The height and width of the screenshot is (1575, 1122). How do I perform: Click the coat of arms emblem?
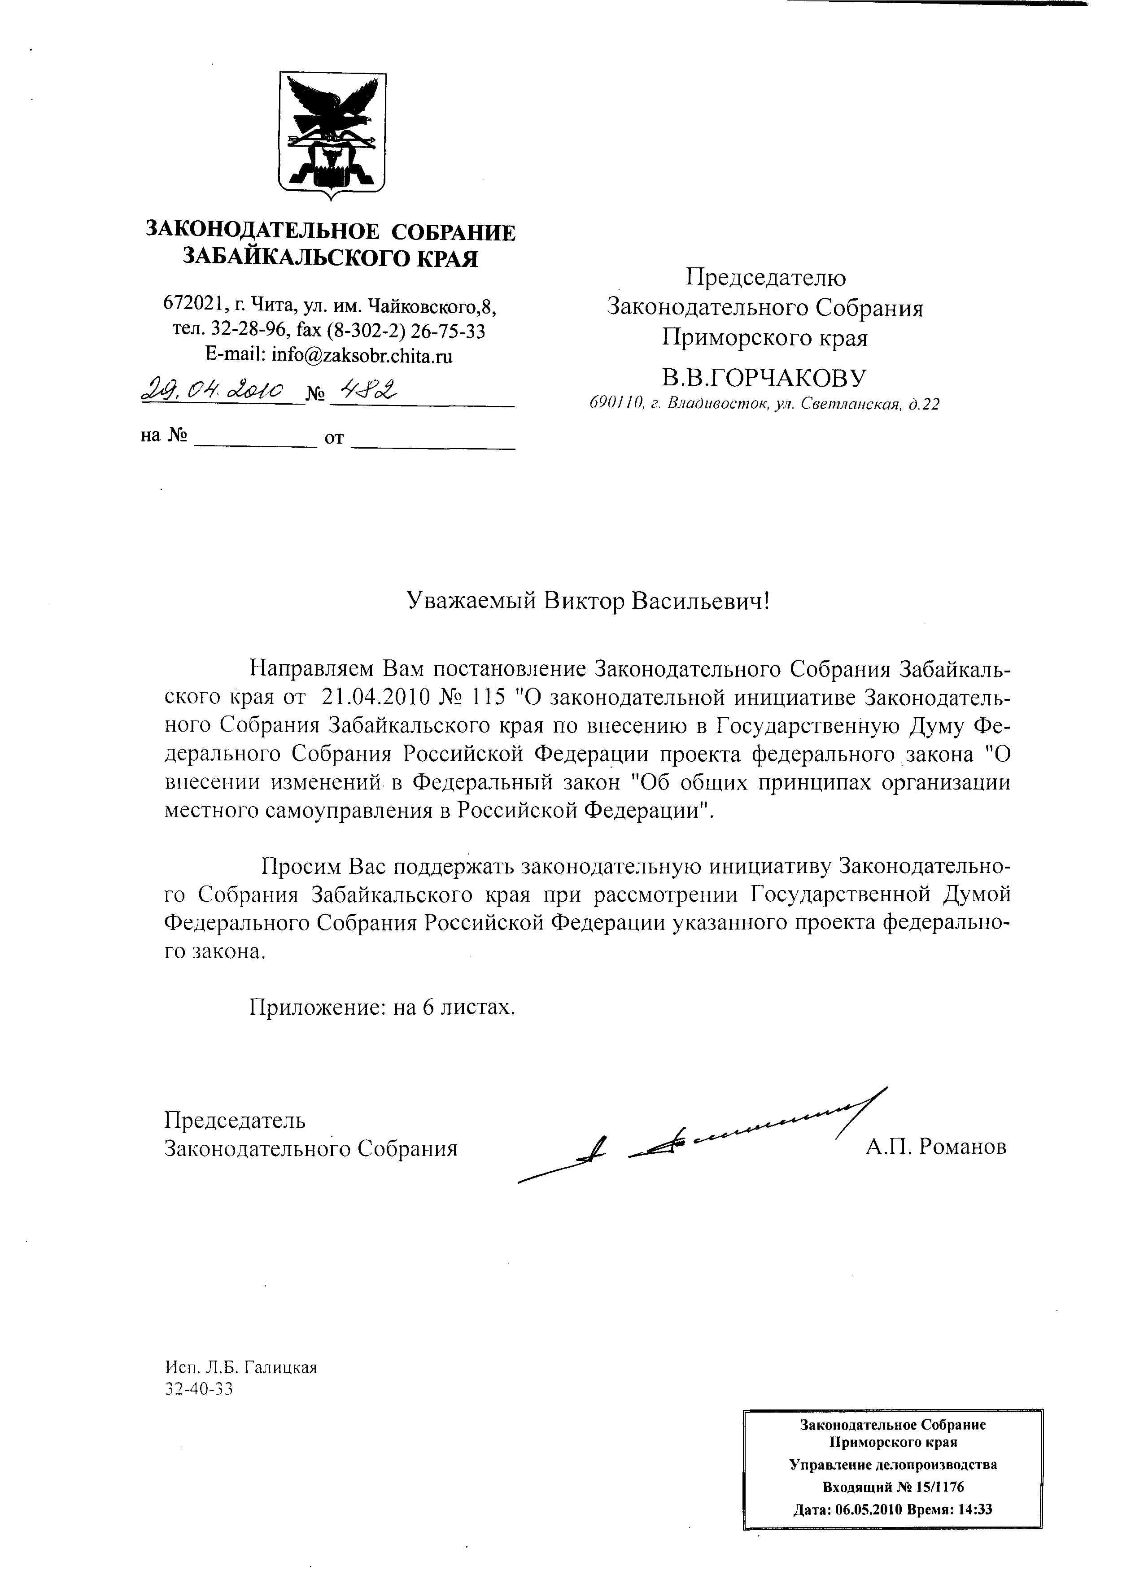(x=332, y=134)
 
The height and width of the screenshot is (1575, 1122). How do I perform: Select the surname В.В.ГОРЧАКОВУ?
(x=764, y=378)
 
